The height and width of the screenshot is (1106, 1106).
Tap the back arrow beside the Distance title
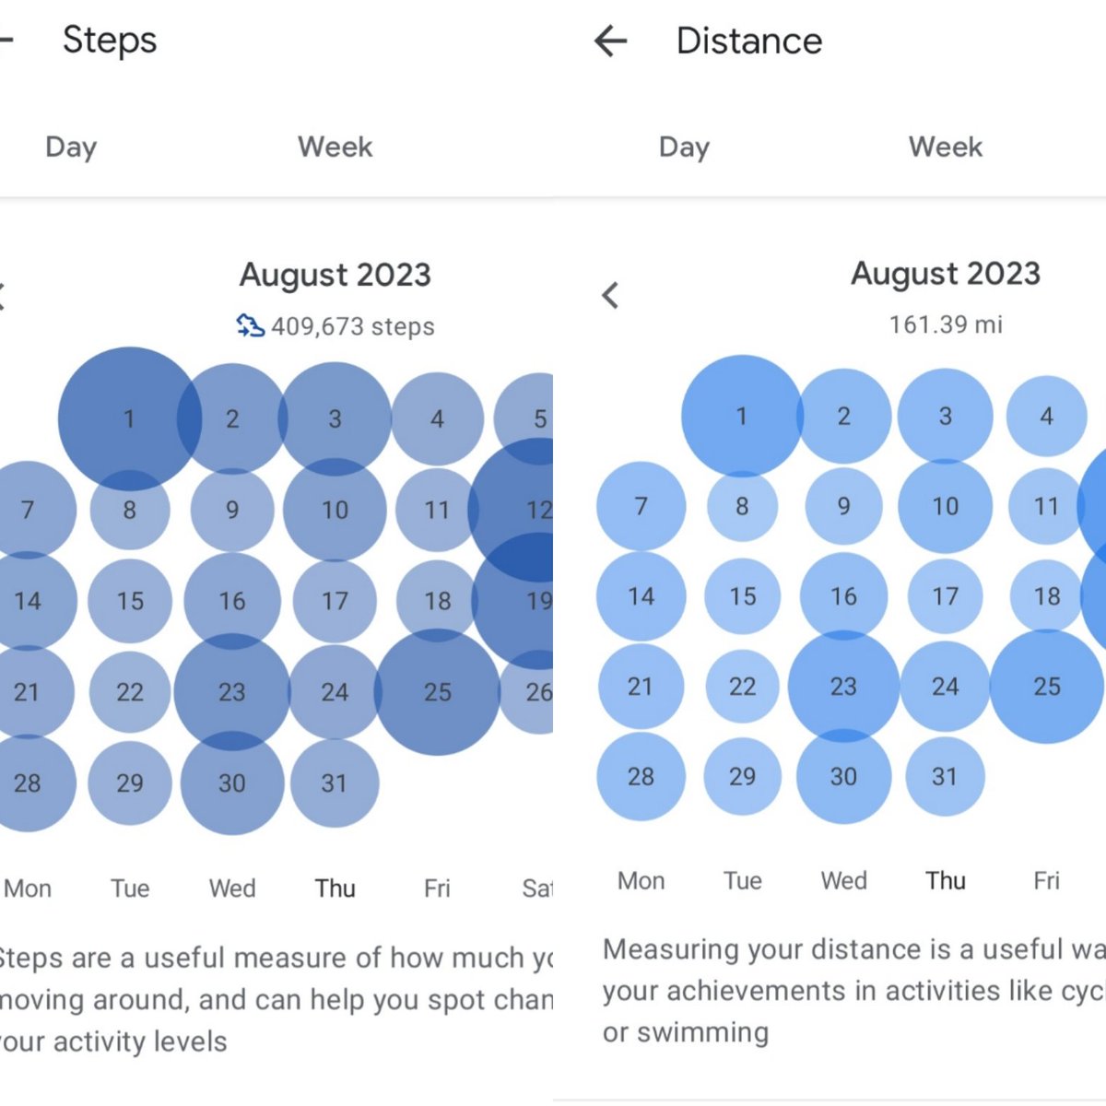tap(610, 41)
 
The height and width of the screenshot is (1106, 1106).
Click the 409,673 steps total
tap(352, 327)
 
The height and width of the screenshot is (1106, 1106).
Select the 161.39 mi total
tap(946, 324)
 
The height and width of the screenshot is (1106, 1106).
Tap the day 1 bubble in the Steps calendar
tap(129, 419)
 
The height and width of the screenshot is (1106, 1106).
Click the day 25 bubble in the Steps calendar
tap(437, 692)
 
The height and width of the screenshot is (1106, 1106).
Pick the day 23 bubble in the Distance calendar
tap(843, 687)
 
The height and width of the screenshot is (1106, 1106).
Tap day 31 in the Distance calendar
tap(945, 777)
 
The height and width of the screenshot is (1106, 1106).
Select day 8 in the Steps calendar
tap(130, 510)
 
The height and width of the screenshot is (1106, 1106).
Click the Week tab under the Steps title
tap(335, 147)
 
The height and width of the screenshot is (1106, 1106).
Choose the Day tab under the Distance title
tap(684, 147)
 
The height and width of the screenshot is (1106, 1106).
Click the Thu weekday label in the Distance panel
tap(946, 881)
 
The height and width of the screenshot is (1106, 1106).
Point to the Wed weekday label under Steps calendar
tap(232, 888)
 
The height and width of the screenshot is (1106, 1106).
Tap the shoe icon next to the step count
tap(250, 325)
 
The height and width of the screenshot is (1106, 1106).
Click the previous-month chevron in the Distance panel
tap(610, 296)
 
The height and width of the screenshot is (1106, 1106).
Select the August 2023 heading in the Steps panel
tap(335, 275)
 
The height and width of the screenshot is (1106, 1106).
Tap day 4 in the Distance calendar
tap(1046, 417)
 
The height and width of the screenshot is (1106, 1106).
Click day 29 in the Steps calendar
tap(130, 783)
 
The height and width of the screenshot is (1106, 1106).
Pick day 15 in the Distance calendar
tap(742, 597)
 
